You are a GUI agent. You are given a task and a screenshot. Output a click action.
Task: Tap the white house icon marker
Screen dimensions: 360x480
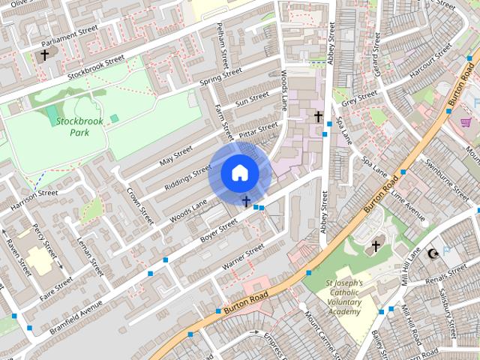[x=239, y=172]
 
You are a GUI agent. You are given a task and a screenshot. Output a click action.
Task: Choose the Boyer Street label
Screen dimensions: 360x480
[x=217, y=230]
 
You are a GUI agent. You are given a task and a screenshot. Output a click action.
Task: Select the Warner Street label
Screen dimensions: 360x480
[x=243, y=257]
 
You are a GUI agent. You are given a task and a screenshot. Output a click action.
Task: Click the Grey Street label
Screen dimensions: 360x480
[x=358, y=97]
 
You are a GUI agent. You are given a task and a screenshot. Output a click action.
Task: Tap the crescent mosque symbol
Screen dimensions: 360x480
[x=432, y=253]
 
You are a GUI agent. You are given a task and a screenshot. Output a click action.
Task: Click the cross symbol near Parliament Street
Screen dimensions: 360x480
[x=44, y=55]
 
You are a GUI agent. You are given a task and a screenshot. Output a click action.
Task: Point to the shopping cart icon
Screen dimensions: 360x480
[x=466, y=122]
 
